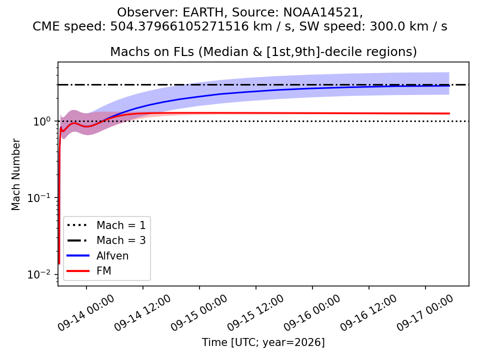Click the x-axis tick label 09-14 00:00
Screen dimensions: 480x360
pos(85,312)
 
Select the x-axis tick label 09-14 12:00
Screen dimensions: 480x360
pos(142,312)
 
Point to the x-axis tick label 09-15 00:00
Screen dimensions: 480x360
pos(199,312)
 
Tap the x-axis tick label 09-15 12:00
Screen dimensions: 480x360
pos(255,312)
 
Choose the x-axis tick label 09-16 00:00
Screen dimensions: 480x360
pos(312,312)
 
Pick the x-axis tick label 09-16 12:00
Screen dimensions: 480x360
pos(368,312)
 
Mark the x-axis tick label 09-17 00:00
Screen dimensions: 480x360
pos(425,312)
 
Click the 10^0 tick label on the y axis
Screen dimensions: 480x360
pos(41,121)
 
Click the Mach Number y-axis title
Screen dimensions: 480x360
pos(15,174)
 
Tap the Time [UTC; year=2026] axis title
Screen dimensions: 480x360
pos(263,342)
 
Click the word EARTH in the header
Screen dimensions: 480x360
pos(203,12)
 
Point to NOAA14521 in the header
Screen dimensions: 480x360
pos(320,12)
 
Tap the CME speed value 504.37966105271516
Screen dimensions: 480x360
pos(179,26)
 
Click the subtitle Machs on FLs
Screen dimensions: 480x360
pos(152,51)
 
